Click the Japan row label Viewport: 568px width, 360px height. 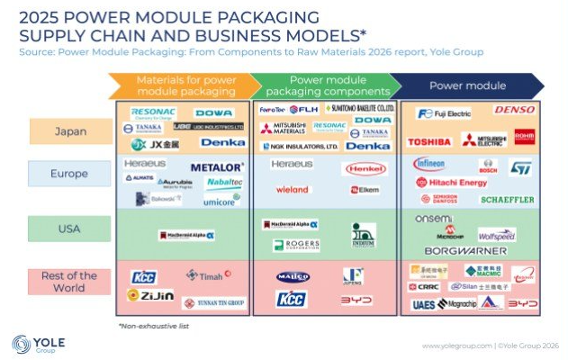pyautogui.click(x=70, y=131)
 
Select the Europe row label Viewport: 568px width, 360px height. pyautogui.click(x=70, y=173)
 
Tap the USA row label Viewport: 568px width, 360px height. pyautogui.click(x=70, y=229)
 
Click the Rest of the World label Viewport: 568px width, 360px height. pyautogui.click(x=70, y=282)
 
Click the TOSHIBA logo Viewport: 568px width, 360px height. pyautogui.click(x=428, y=142)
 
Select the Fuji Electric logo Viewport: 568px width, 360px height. pyautogui.click(x=443, y=113)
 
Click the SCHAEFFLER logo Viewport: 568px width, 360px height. pyautogui.click(x=507, y=199)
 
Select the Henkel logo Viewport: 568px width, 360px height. pyautogui.click(x=364, y=168)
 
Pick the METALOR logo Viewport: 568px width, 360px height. pyautogui.click(x=217, y=167)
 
